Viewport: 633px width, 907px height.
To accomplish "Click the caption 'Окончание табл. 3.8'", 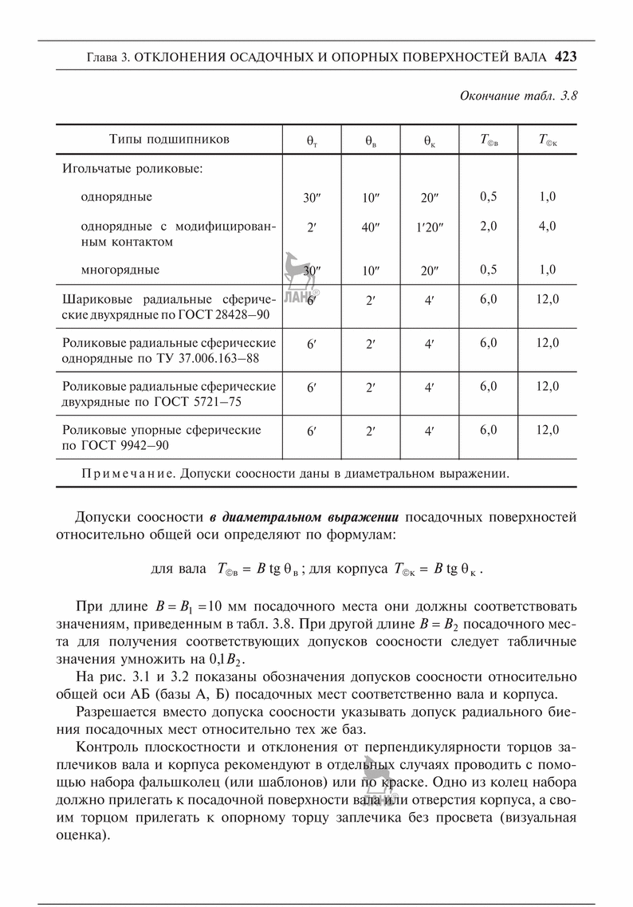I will pos(518,96).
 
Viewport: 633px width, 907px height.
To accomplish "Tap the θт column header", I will pos(311,140).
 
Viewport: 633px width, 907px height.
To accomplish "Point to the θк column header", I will pos(429,140).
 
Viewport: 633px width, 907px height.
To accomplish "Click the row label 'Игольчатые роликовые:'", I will pos(132,169).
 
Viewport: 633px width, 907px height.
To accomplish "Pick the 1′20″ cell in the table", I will pos(429,227).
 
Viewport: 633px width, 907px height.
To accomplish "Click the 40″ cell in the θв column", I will pos(370,227).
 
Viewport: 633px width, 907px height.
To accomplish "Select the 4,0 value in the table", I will pos(547,226).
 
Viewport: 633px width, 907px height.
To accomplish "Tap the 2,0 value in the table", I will pos(489,226).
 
